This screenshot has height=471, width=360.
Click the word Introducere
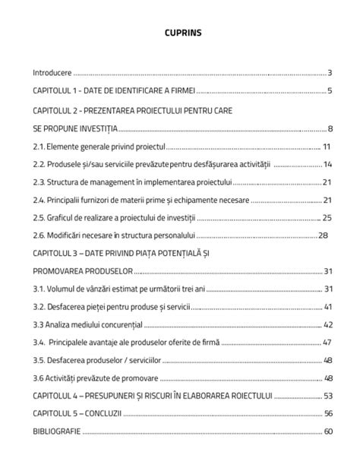coord(52,74)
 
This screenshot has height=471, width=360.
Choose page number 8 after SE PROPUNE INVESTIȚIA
coord(330,128)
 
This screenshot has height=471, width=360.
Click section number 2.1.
coord(39,147)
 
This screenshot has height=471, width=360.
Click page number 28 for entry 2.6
coord(323,235)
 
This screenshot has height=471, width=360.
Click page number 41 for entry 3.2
coord(328,308)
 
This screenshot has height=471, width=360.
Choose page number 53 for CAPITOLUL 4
coord(328,397)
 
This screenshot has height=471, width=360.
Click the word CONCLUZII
coord(103,415)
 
